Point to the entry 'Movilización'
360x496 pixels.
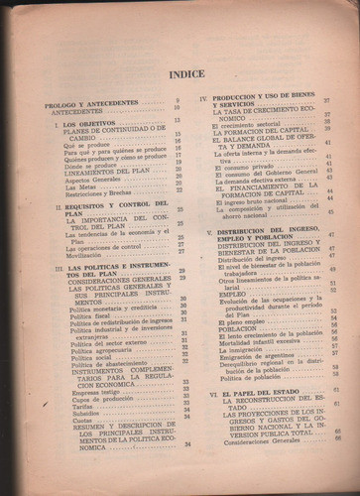pyautogui.click(x=84, y=254)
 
